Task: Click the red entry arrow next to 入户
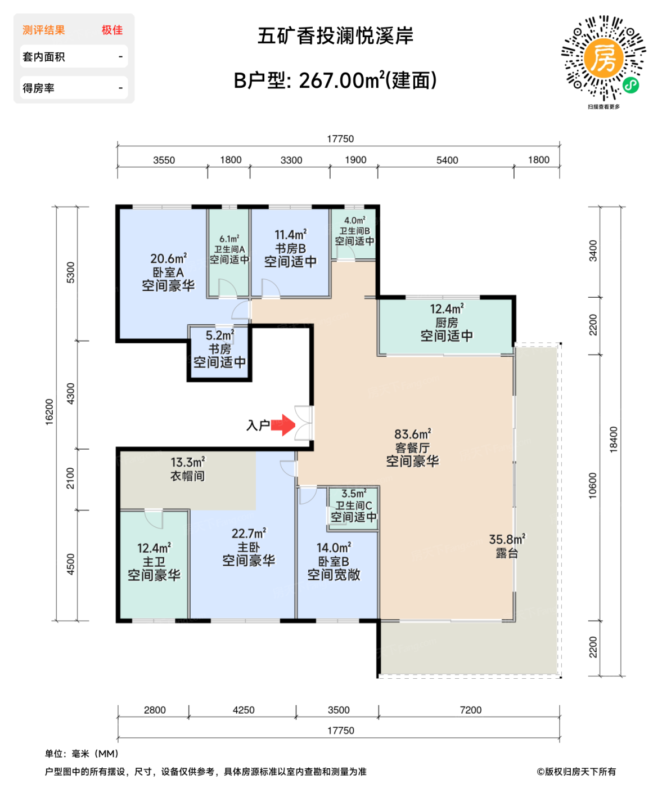point(284,426)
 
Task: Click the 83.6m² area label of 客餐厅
point(412,434)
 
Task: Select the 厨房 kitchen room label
point(447,323)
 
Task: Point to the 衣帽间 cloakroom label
point(187,476)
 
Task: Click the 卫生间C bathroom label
point(353,505)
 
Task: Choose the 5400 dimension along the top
point(447,160)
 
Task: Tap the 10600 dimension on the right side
point(593,485)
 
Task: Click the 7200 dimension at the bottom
point(470,710)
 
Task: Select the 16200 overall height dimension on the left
point(49,411)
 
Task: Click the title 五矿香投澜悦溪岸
point(335,36)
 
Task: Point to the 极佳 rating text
point(112,30)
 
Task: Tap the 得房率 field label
point(38,88)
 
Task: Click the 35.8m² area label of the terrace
point(507,539)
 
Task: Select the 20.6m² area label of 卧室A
point(168,259)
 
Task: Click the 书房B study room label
point(290,248)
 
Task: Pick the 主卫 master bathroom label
point(154,562)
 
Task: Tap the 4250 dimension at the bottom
point(244,710)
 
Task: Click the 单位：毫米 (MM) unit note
point(82,754)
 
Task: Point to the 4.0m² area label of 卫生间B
point(354,221)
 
